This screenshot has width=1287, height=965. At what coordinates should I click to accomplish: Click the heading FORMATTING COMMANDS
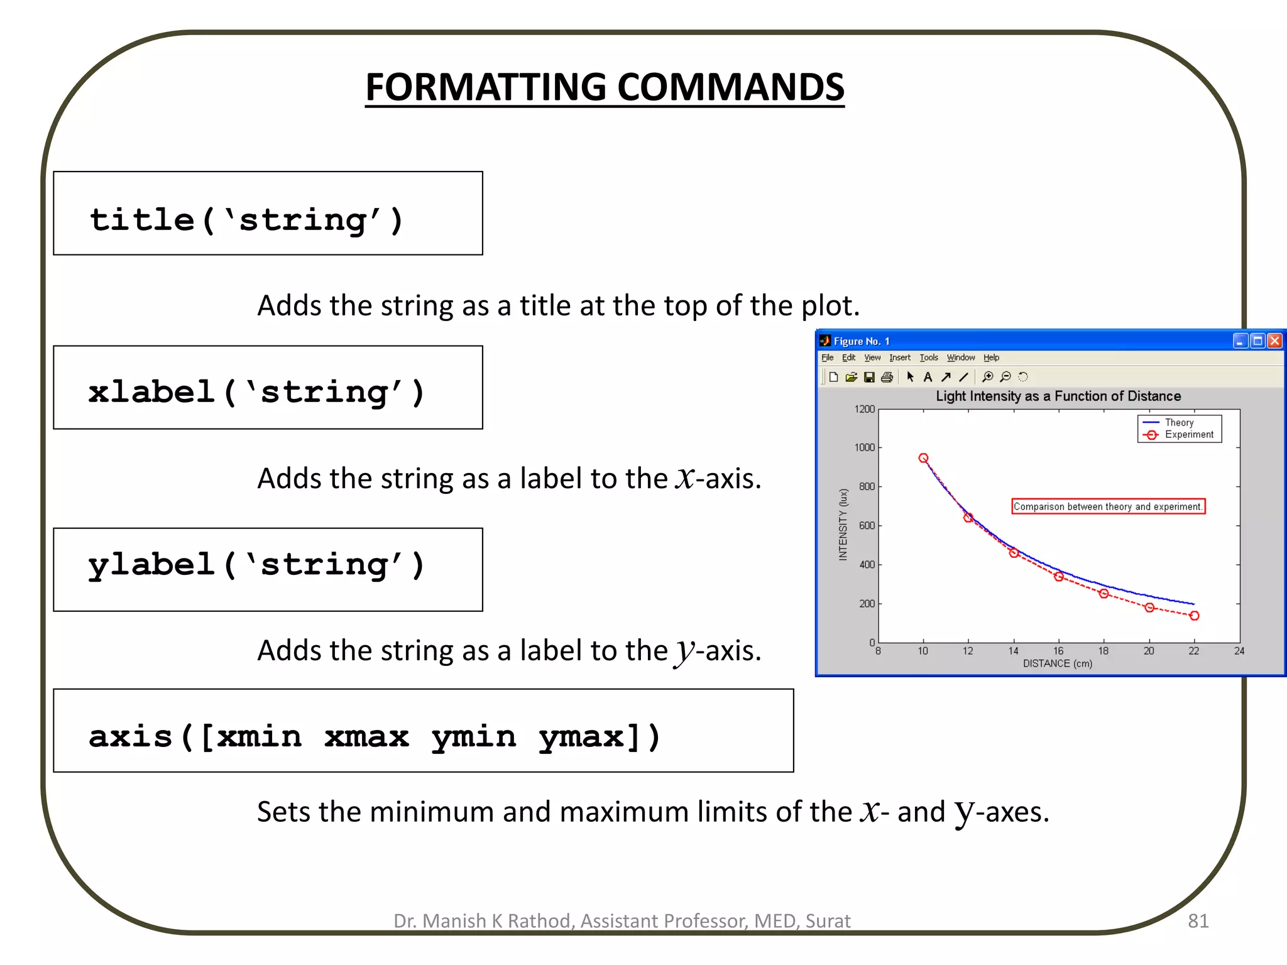[x=605, y=87]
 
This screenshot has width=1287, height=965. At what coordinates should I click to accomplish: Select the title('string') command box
[x=268, y=214]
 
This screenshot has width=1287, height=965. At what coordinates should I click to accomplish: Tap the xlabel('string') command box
[x=268, y=388]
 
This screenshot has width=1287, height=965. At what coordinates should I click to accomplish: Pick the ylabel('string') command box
[x=268, y=569]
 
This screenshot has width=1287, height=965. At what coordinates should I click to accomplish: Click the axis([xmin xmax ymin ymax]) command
[x=423, y=731]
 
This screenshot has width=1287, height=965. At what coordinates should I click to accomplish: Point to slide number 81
[x=1198, y=920]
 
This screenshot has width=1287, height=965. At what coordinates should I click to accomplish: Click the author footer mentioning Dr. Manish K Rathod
[x=622, y=920]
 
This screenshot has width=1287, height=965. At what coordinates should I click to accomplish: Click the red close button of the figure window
[x=1274, y=341]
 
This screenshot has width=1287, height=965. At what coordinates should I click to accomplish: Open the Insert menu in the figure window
[x=899, y=357]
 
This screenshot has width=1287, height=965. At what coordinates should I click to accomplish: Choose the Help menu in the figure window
[x=991, y=357]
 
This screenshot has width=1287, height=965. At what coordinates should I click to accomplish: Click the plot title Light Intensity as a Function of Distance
[x=1058, y=396]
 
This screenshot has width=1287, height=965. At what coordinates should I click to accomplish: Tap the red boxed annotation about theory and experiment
[x=1108, y=506]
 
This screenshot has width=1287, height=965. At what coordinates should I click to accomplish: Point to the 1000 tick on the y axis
[x=864, y=447]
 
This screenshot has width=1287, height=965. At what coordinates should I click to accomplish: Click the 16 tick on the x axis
[x=1058, y=651]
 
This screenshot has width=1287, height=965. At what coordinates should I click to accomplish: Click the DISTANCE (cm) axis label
[x=1058, y=663]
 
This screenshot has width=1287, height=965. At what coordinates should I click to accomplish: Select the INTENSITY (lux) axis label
[x=843, y=525]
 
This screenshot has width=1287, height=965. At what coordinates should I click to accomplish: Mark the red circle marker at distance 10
[x=923, y=458]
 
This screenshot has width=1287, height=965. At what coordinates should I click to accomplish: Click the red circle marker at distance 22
[x=1194, y=616]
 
